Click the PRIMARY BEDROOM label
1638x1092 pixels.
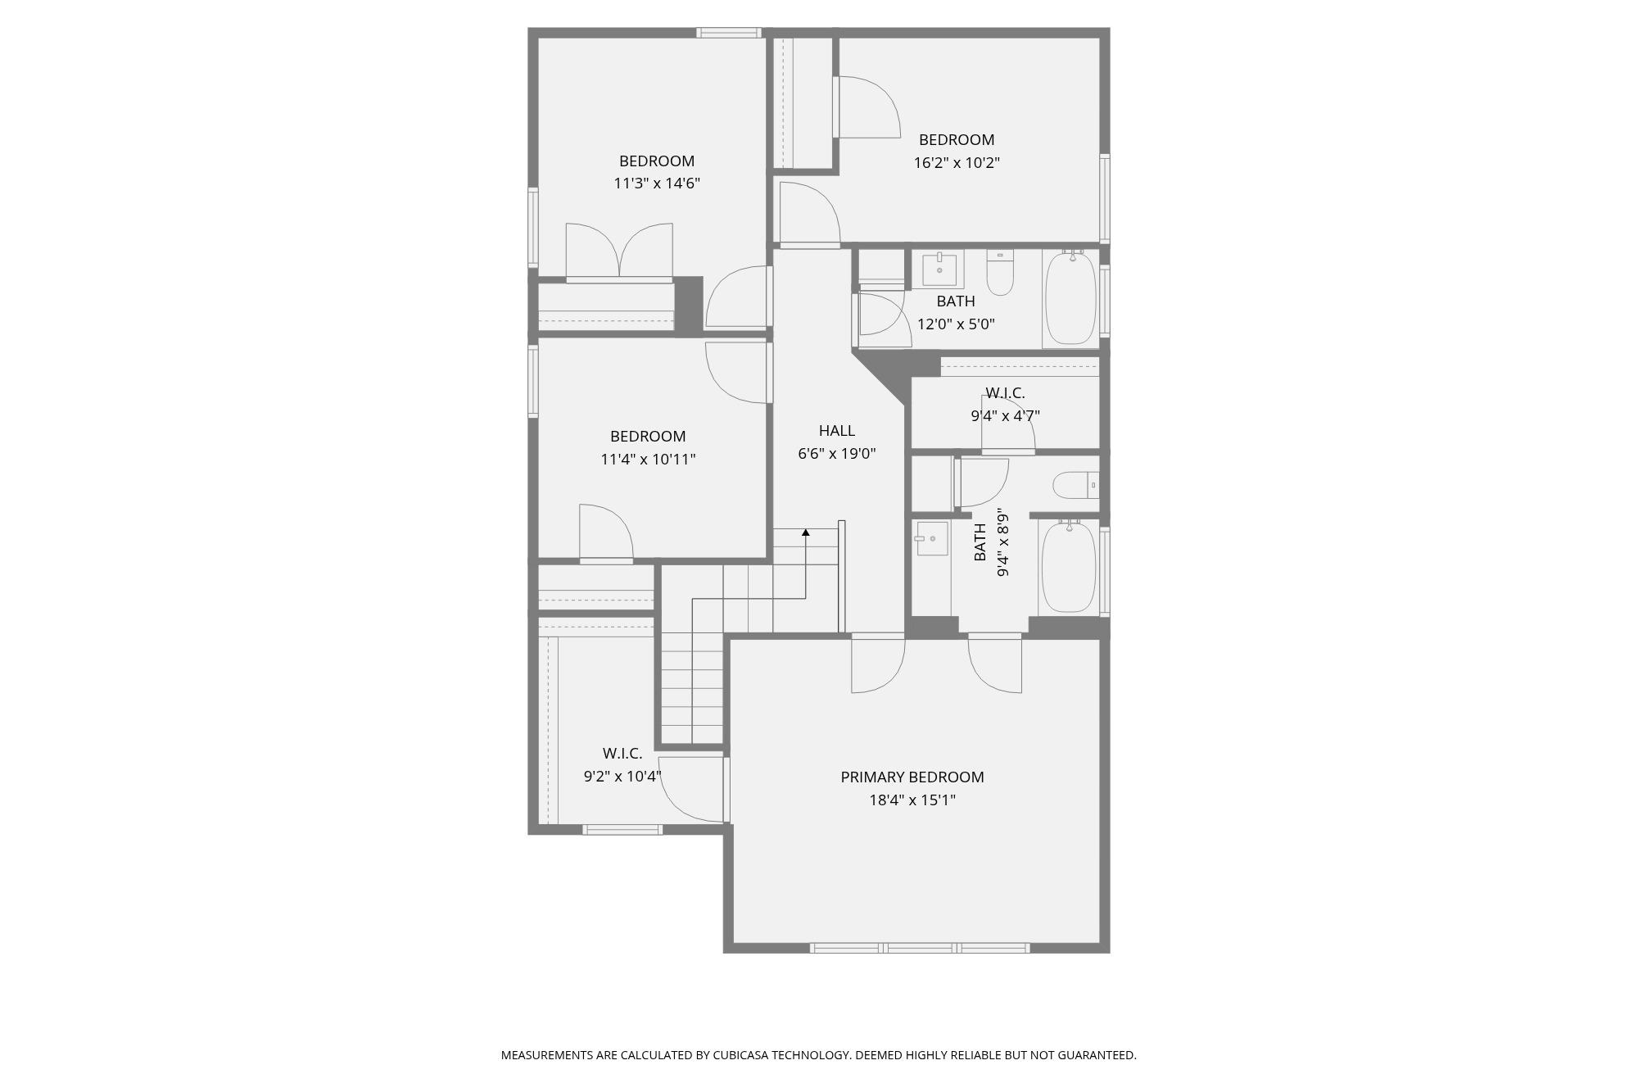click(x=912, y=777)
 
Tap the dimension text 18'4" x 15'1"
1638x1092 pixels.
click(x=912, y=800)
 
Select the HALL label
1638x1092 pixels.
click(x=836, y=430)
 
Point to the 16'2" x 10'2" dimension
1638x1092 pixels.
click(x=957, y=162)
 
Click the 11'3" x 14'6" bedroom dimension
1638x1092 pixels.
click(x=657, y=184)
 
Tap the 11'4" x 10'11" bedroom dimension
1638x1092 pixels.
click(x=648, y=459)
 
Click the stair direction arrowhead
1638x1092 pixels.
click(x=806, y=532)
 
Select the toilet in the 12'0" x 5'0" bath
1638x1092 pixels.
click(x=1000, y=272)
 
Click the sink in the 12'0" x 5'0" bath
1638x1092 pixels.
click(x=939, y=269)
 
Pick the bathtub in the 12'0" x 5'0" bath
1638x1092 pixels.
click(x=1070, y=299)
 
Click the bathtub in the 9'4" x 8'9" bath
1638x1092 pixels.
click(x=1068, y=566)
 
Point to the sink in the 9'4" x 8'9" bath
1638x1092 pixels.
click(x=932, y=538)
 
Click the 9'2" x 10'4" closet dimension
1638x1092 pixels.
click(x=622, y=776)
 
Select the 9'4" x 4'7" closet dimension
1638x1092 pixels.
click(x=1005, y=415)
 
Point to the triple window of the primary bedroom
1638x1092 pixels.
click(x=920, y=948)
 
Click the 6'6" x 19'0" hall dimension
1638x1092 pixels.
click(x=836, y=453)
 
